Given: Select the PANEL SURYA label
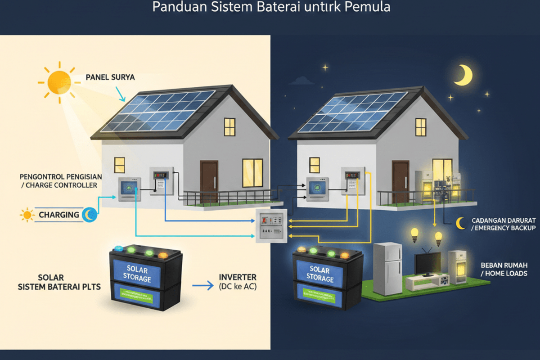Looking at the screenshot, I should coord(110,77).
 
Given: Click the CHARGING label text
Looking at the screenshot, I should coord(58,215).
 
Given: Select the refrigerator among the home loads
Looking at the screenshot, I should coord(387,269).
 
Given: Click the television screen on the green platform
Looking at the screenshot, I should coord(428,263).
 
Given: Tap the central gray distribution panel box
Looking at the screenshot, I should coord(271,226).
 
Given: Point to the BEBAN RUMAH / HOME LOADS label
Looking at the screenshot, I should coord(504,269).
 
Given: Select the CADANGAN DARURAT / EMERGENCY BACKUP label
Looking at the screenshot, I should coord(503,224).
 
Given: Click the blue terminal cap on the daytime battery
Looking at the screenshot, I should coord(119,248).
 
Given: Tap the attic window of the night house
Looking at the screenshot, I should coord(421,127).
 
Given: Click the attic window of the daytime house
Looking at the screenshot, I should coord(230,127).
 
